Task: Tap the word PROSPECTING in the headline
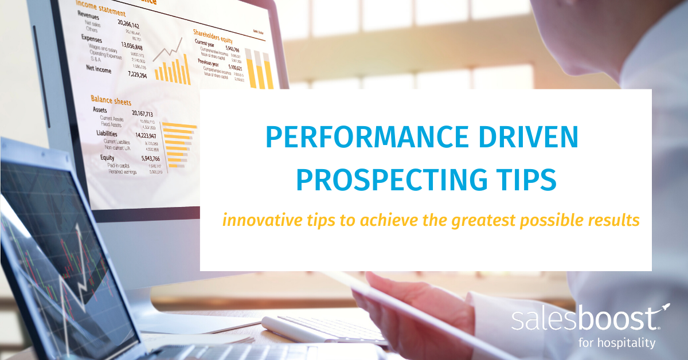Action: [388, 179]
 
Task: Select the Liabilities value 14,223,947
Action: [149, 135]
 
